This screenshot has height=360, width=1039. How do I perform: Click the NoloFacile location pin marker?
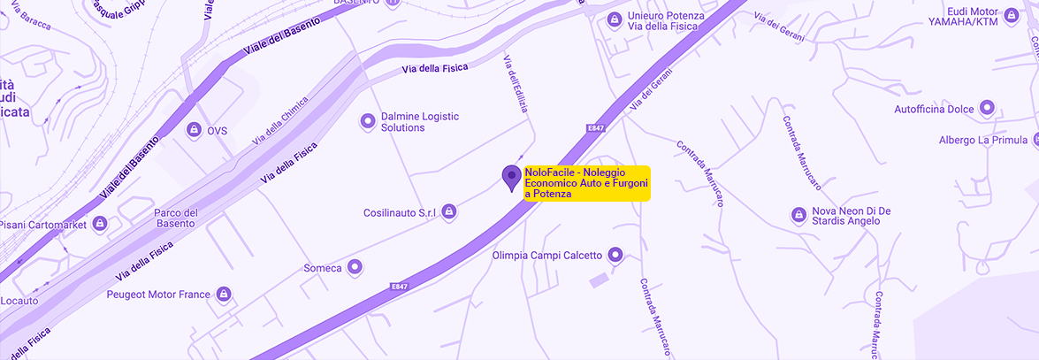[x=511, y=177]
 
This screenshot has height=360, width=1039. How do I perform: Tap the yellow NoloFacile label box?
[x=586, y=183]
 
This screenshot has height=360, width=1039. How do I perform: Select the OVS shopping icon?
[x=192, y=130]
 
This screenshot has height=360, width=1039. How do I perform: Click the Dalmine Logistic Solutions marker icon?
[x=367, y=120]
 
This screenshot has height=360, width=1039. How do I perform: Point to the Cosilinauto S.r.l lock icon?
[x=449, y=211]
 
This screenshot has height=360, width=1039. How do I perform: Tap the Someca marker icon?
[x=355, y=266]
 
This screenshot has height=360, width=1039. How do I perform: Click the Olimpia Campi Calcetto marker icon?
[x=615, y=256]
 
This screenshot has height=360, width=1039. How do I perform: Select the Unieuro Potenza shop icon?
[x=614, y=19]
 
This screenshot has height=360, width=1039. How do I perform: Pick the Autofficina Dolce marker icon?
[x=987, y=109]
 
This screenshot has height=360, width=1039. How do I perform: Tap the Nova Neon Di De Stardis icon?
[x=798, y=215]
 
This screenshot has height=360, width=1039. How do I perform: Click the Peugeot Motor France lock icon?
[x=224, y=294]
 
